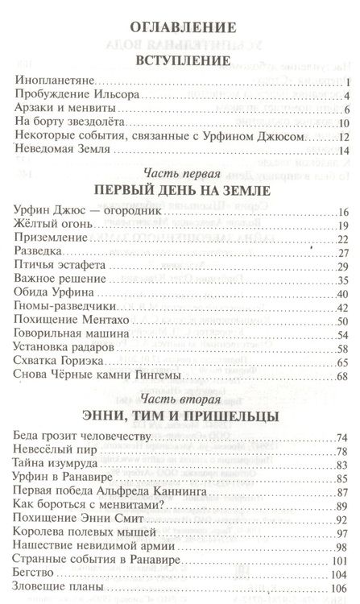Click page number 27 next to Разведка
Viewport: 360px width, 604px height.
click(341, 254)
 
